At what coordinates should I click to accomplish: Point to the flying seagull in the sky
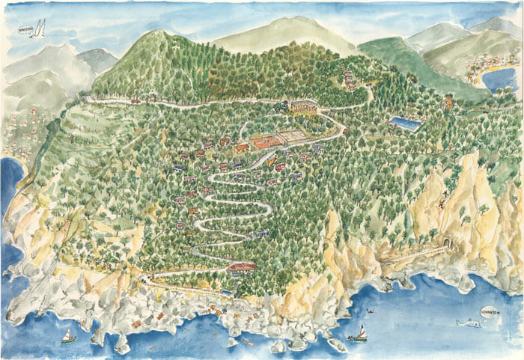[x=39, y=29]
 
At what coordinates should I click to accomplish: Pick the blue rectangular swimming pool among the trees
[x=405, y=123]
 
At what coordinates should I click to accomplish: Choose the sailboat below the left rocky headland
[x=68, y=337]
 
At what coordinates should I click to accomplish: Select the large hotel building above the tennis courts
[x=303, y=106]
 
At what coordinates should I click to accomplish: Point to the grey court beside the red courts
[x=291, y=136]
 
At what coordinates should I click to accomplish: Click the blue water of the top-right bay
[x=500, y=79]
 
